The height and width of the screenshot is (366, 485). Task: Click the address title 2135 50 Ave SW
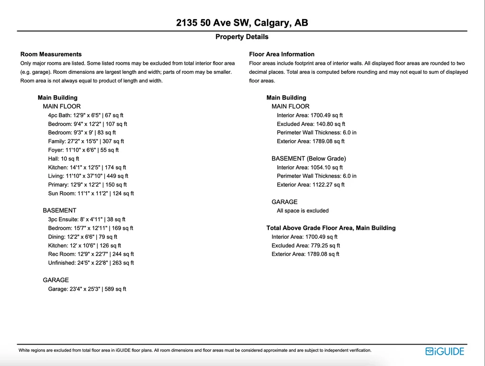[x=242, y=23]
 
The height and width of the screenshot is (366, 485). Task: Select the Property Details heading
[x=242, y=37]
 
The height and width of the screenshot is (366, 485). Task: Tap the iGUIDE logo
[x=445, y=352]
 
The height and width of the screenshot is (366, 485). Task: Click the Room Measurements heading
[x=51, y=54]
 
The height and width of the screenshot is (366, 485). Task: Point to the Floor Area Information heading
[x=282, y=54]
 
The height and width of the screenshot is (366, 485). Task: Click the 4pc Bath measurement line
[x=86, y=115]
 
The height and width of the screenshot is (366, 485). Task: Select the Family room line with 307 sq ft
[x=86, y=142]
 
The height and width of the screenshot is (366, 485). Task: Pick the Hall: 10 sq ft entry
[x=63, y=159]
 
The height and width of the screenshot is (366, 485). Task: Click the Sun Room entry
[x=91, y=193]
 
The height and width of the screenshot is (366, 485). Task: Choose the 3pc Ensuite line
[x=87, y=220]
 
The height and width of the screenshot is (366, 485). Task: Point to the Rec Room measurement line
[x=91, y=254]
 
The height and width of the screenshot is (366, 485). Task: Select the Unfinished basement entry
[x=91, y=263]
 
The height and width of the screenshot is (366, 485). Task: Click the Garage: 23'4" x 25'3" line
[x=87, y=289]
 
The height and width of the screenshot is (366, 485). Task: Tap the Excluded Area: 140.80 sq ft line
[x=311, y=124]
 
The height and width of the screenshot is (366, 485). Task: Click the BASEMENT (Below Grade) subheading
[x=309, y=158]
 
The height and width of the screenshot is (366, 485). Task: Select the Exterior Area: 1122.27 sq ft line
[x=311, y=184]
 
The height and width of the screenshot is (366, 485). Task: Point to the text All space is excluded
[x=303, y=211]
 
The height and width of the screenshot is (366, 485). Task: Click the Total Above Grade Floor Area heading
[x=331, y=228]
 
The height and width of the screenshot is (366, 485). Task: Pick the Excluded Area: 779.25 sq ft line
[x=306, y=245]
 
